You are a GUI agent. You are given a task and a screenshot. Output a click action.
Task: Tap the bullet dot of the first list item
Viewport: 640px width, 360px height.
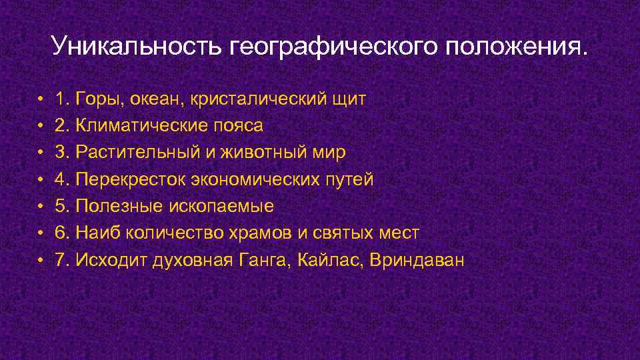click(x=41, y=100)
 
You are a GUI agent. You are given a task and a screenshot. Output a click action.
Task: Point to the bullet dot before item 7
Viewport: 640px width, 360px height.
click(x=41, y=260)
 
